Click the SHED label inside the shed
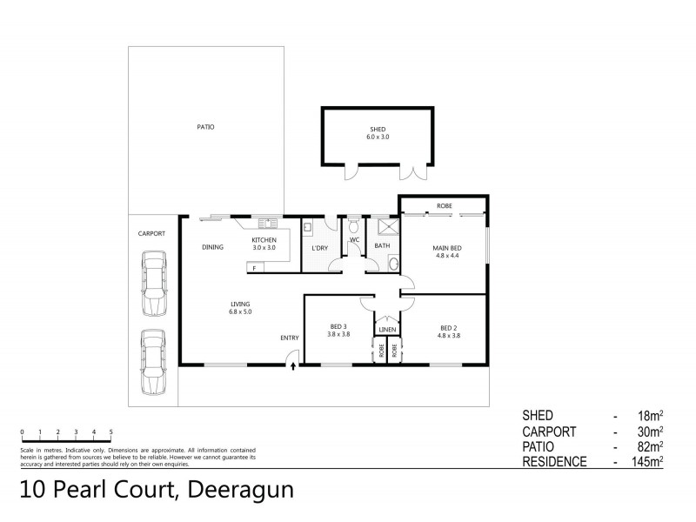(x=377, y=130)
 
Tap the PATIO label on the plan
(x=205, y=128)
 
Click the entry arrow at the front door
(x=292, y=366)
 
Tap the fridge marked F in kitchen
(x=254, y=268)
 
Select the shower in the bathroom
(x=385, y=228)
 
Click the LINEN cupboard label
(x=388, y=330)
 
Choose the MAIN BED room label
(x=447, y=248)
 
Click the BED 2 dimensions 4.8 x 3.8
(x=448, y=334)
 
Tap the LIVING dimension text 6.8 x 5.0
(x=239, y=311)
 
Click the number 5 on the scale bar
(x=111, y=432)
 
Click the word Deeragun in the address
(x=237, y=489)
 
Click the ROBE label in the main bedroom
(x=444, y=206)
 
